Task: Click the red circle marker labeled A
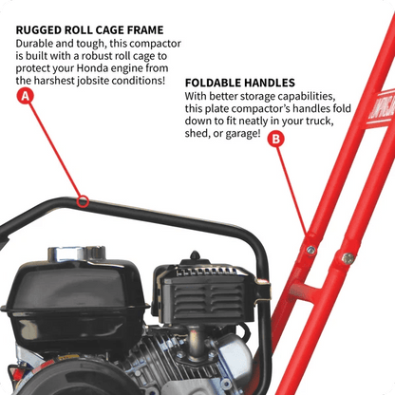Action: (25, 96)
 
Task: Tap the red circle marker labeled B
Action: (276, 140)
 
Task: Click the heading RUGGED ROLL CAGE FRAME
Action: (89, 30)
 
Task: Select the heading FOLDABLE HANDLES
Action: (240, 83)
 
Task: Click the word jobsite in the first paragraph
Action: (93, 81)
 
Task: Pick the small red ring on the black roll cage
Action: (83, 201)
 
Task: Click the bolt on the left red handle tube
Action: (310, 250)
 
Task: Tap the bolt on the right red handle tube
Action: (348, 258)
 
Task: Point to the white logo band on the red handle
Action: (381, 106)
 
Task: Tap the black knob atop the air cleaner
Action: (195, 255)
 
